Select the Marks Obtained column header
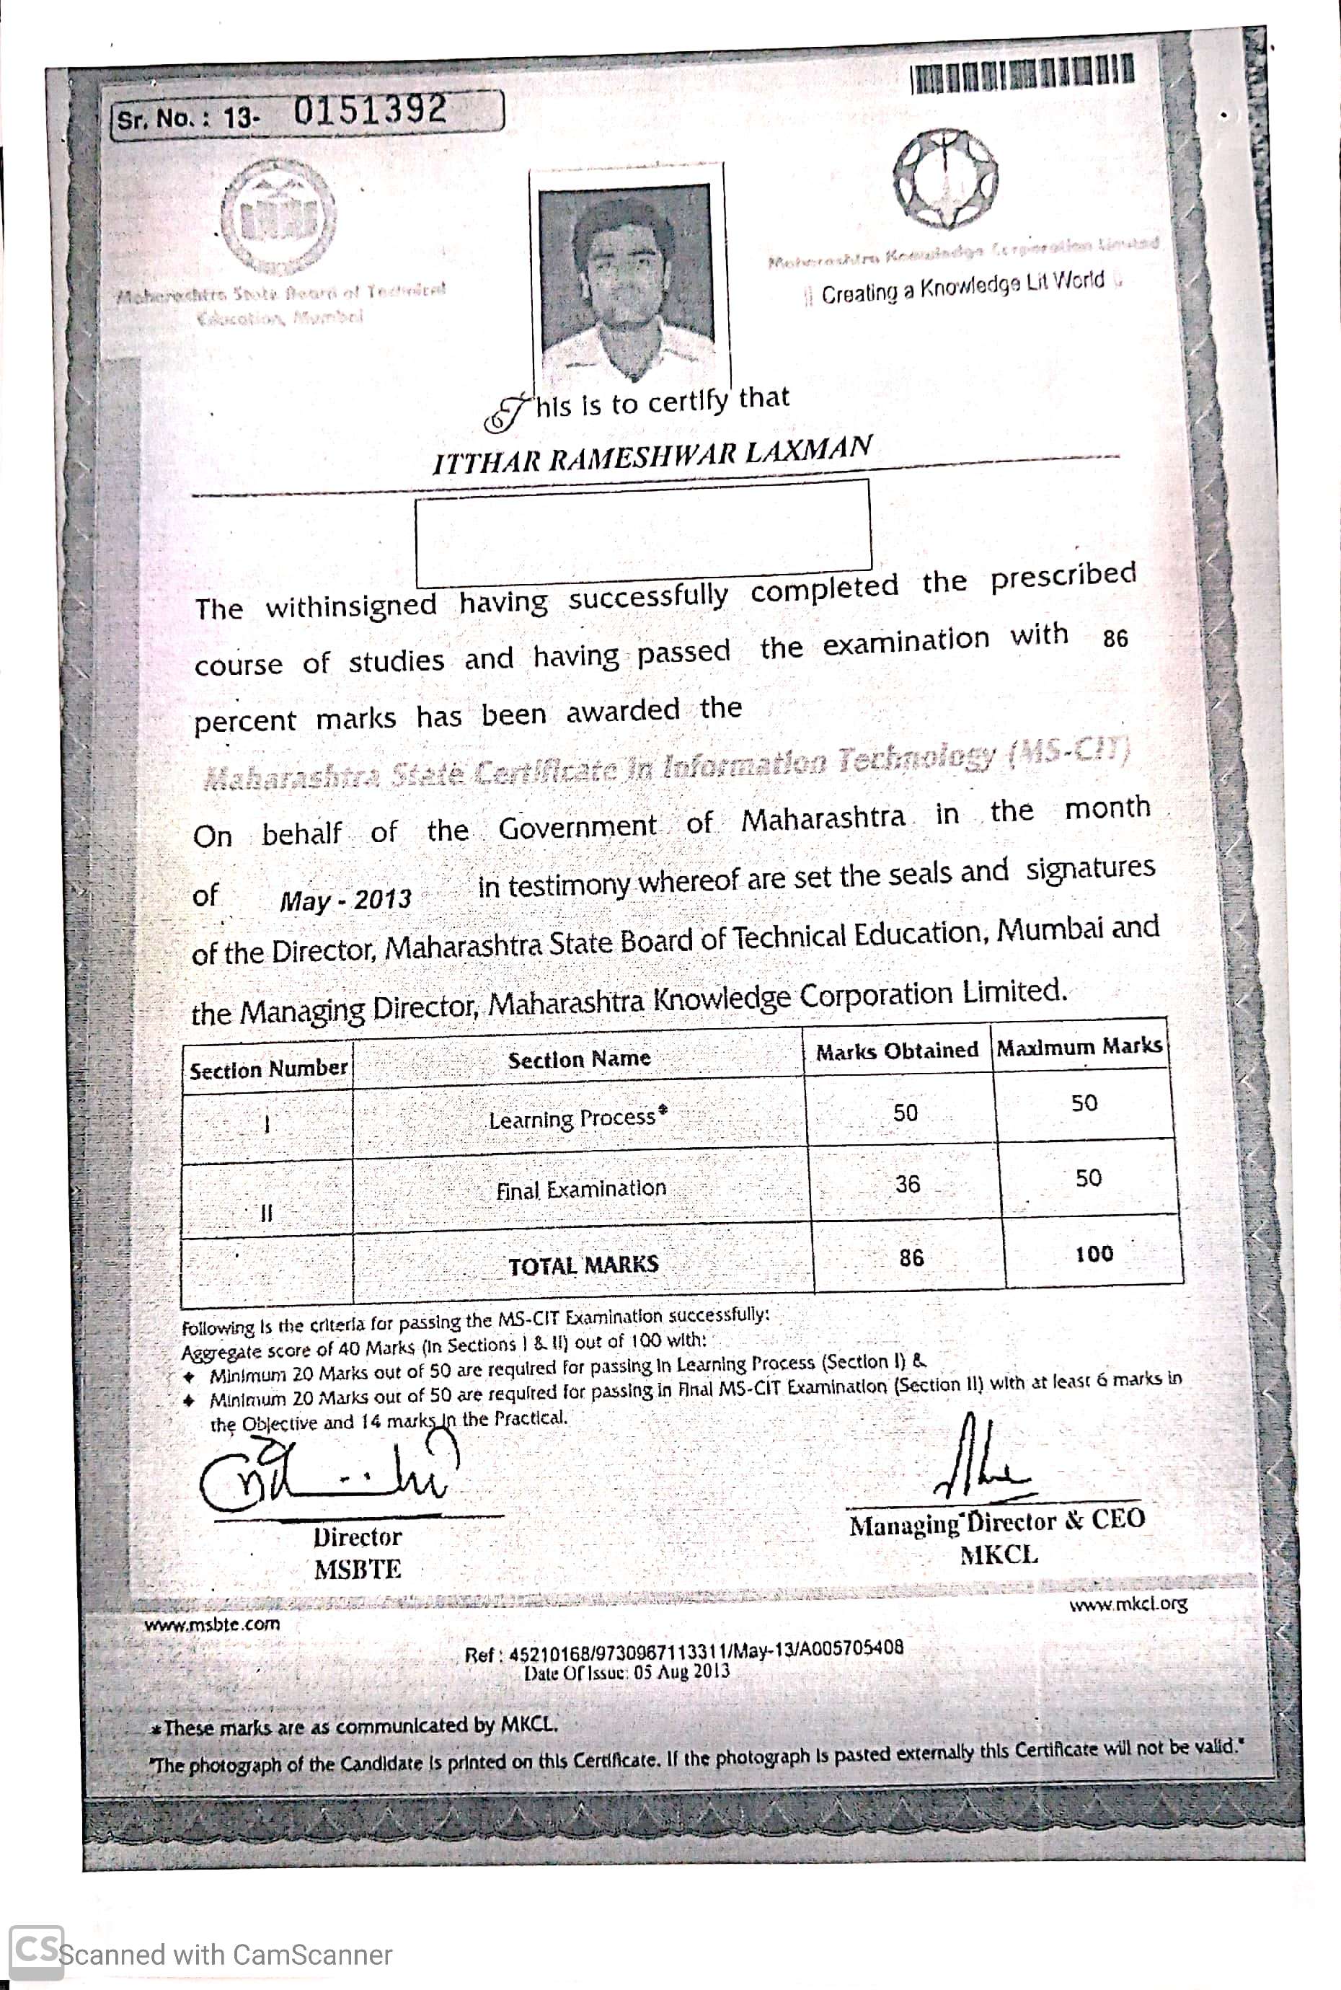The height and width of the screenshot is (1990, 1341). (896, 1051)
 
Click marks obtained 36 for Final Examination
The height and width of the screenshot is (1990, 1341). (908, 1184)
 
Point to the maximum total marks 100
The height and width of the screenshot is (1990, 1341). (1094, 1254)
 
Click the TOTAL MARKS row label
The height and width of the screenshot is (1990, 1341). (583, 1265)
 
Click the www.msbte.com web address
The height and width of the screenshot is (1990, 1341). (211, 1624)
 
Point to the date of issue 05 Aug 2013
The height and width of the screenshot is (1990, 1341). (627, 1671)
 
